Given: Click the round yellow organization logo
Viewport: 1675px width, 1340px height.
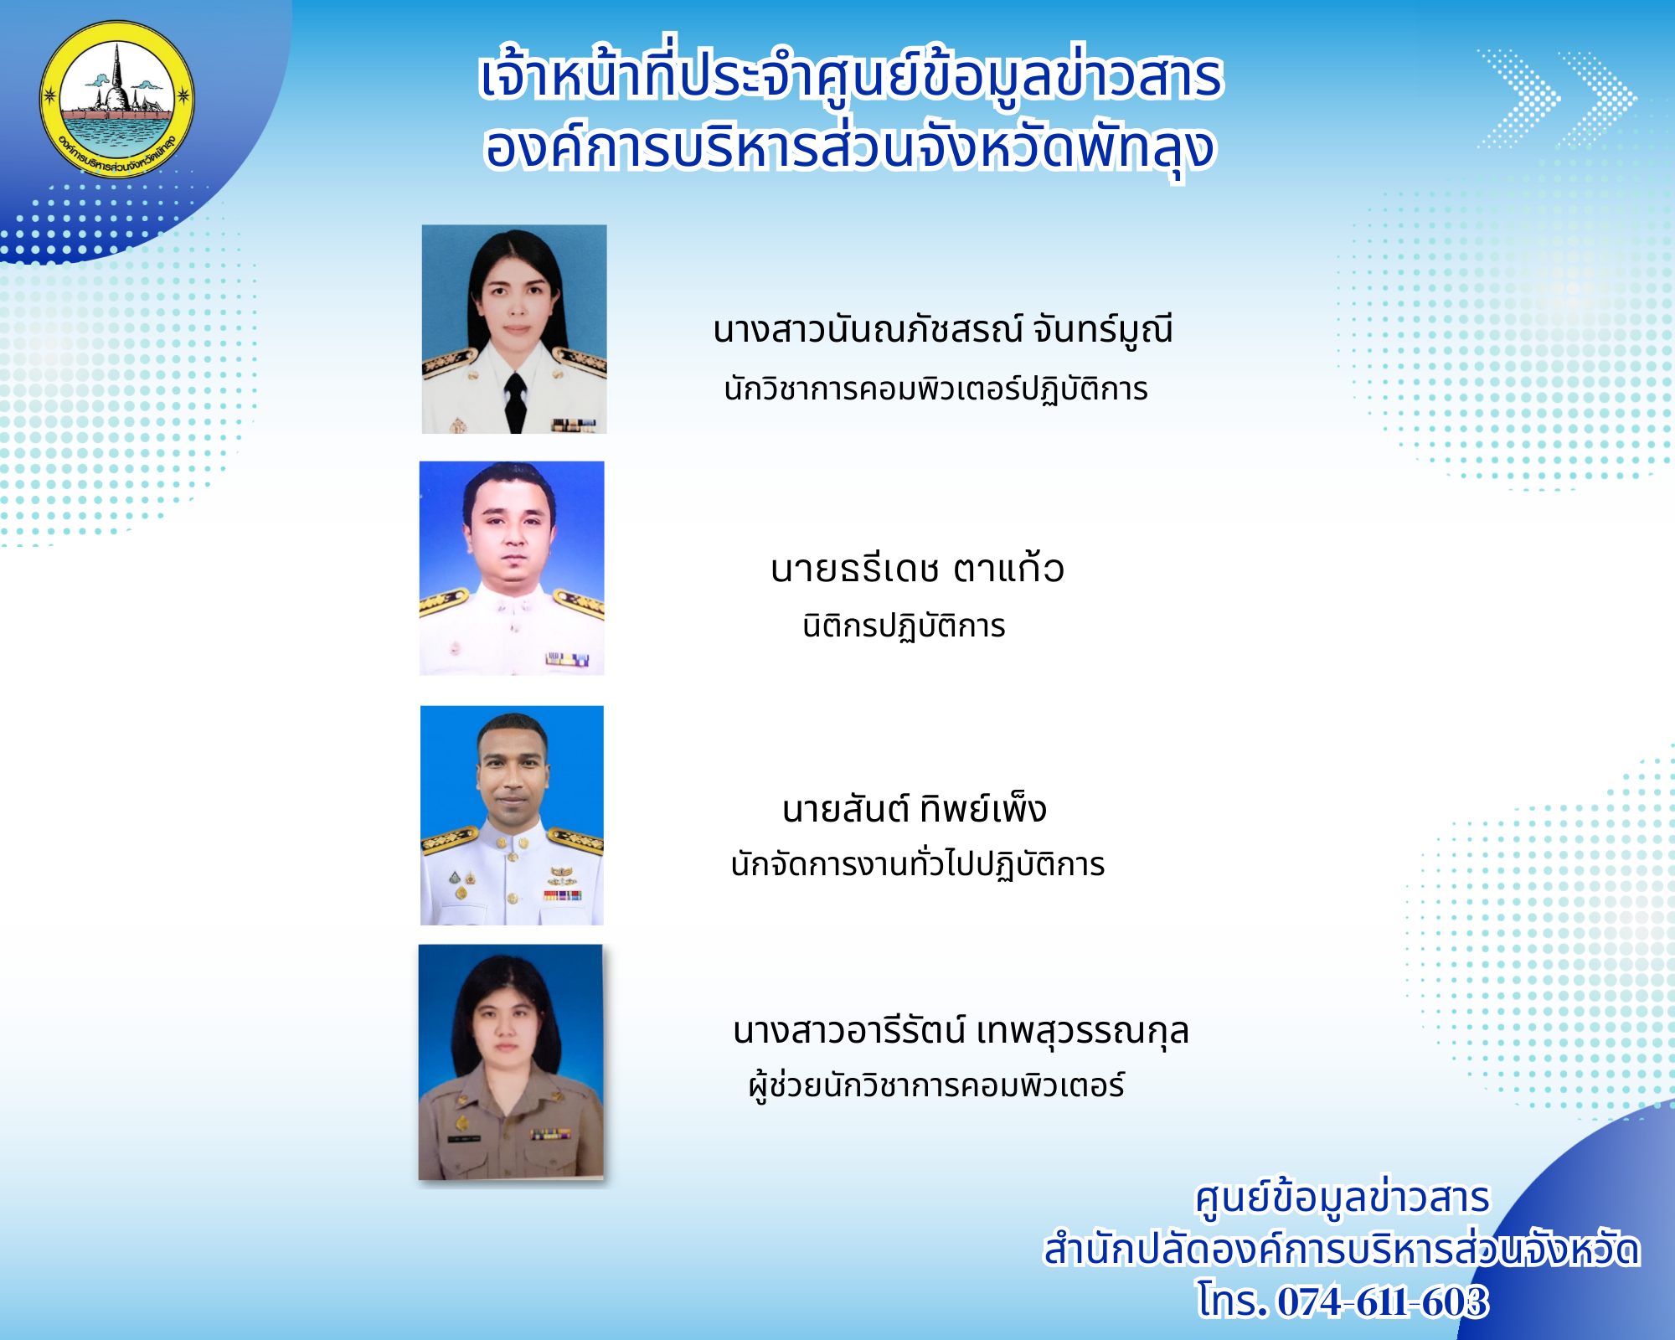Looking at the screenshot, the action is click(x=117, y=99).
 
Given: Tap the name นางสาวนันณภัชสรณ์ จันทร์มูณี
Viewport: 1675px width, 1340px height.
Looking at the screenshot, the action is click(x=942, y=331).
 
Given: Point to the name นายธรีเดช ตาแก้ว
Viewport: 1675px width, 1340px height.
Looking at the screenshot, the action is click(x=917, y=569).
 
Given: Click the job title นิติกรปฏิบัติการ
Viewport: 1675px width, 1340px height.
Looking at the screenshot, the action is click(x=904, y=626).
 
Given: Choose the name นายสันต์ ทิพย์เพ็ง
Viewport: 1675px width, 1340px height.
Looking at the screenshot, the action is click(x=914, y=808).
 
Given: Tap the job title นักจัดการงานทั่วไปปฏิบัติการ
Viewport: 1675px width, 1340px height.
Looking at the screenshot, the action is click(x=917, y=864).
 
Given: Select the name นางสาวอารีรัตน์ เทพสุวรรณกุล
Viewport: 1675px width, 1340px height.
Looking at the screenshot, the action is click(x=961, y=1030).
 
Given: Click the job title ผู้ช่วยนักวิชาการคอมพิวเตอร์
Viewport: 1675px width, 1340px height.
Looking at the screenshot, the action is click(x=936, y=1086).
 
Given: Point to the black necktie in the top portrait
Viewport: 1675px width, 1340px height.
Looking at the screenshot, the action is click(x=515, y=401).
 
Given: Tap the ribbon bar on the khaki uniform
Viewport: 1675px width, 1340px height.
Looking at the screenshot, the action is click(x=550, y=1134).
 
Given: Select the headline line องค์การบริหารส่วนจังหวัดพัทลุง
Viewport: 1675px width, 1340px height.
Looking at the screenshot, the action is click(x=849, y=149).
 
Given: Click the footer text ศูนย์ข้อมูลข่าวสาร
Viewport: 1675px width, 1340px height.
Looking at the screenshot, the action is click(x=1342, y=1198).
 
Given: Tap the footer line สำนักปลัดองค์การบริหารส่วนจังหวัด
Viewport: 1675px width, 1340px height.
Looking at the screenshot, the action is click(x=1341, y=1250).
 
